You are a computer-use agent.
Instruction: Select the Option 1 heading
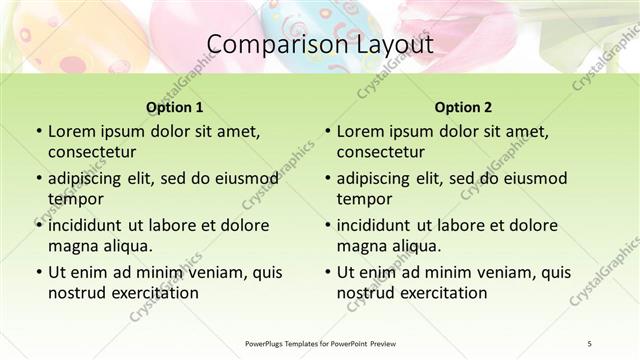[x=174, y=107]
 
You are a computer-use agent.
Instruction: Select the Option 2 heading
[x=463, y=107]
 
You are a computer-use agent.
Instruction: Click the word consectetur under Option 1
[x=91, y=152]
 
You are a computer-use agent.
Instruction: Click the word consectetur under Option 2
[x=380, y=152]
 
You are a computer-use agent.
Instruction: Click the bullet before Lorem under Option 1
[x=38, y=132]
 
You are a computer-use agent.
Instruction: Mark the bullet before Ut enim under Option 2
[x=327, y=272]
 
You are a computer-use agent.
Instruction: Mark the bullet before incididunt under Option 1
[x=38, y=225]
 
